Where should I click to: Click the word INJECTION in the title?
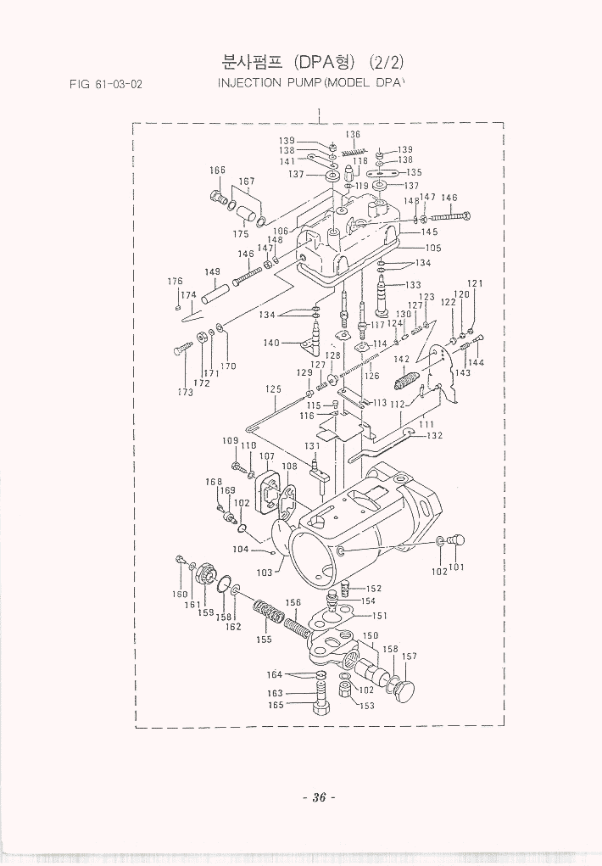click(x=250, y=83)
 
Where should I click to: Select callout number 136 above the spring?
click(x=353, y=135)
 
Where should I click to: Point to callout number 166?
click(x=218, y=170)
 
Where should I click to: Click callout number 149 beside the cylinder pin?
click(x=212, y=272)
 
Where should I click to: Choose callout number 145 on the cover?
click(x=429, y=232)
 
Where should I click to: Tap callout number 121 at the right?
click(x=475, y=283)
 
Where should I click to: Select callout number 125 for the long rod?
click(x=272, y=389)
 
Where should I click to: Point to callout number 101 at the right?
click(x=457, y=568)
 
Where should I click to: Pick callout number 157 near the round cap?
click(x=410, y=656)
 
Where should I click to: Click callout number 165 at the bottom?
click(x=276, y=704)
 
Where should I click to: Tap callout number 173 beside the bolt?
click(x=186, y=392)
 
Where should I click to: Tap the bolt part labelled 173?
click(x=183, y=349)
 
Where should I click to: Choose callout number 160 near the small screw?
click(x=180, y=594)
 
